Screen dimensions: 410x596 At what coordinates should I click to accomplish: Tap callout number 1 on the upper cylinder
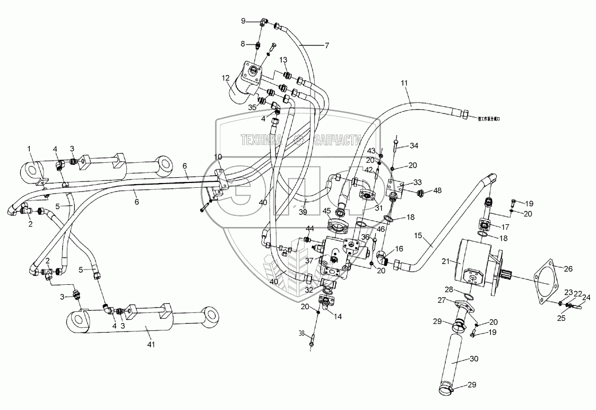point(30,149)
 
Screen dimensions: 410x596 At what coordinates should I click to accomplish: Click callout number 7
point(327,46)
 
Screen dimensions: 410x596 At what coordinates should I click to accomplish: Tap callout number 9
point(244,21)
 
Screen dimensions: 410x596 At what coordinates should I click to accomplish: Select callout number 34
point(414,145)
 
